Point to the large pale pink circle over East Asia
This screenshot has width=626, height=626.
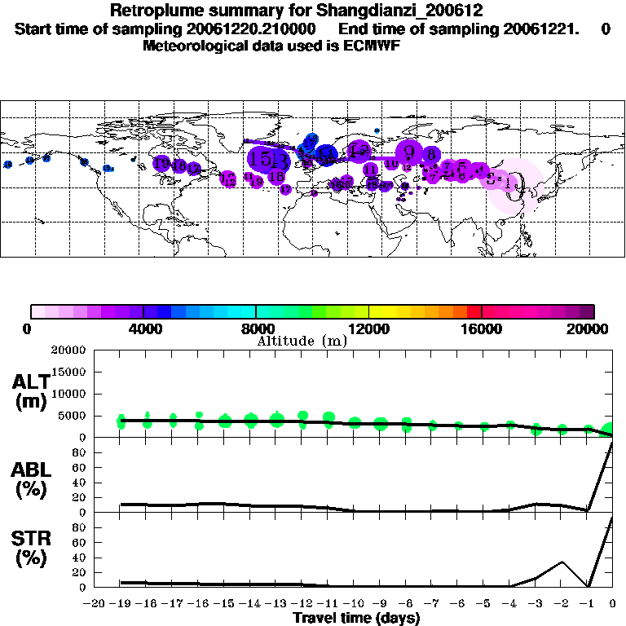point(517,187)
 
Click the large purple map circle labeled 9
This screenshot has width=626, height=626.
point(410,152)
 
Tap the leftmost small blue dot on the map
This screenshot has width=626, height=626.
point(7,165)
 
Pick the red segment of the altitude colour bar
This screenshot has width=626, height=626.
point(474,311)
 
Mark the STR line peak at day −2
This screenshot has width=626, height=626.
point(562,562)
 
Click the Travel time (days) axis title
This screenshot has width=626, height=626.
point(356,618)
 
